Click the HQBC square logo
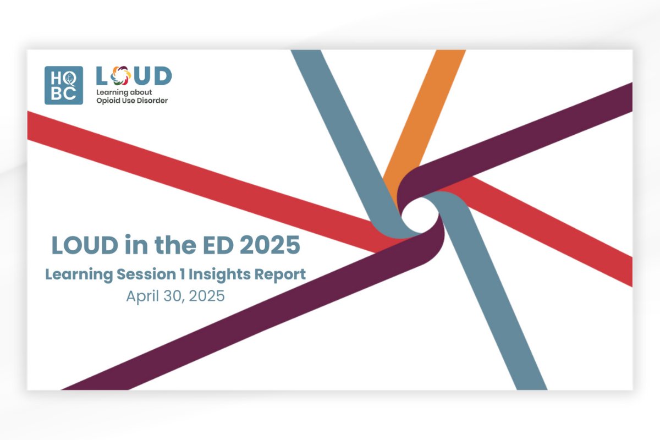point(64,85)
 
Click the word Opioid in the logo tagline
point(109,101)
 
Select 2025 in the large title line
point(270,245)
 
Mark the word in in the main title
point(130,245)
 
